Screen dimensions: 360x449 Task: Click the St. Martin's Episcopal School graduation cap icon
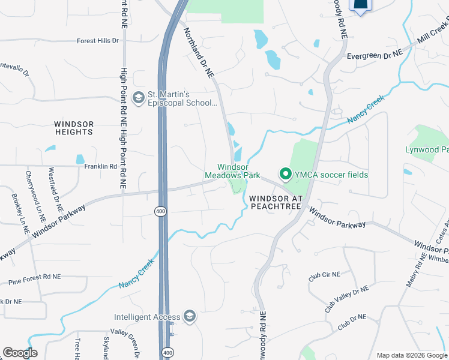[139, 98]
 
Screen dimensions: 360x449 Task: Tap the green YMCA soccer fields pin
[286, 175]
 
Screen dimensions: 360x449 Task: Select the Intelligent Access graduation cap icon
[190, 317]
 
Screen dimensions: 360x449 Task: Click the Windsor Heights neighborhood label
[74, 128]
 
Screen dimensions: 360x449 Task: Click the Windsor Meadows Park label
[238, 171]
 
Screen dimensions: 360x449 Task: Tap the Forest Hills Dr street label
[98, 41]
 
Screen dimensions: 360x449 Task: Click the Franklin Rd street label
[100, 166]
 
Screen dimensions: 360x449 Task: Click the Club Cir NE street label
[324, 277]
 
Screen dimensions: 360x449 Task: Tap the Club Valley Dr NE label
[346, 298]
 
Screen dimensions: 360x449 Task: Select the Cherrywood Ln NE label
[35, 193]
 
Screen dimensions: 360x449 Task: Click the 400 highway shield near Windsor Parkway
[160, 211]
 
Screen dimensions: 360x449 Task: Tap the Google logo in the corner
[20, 353]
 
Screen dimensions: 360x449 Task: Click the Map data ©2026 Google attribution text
[411, 355]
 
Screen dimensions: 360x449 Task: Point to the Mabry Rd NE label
[415, 269]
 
